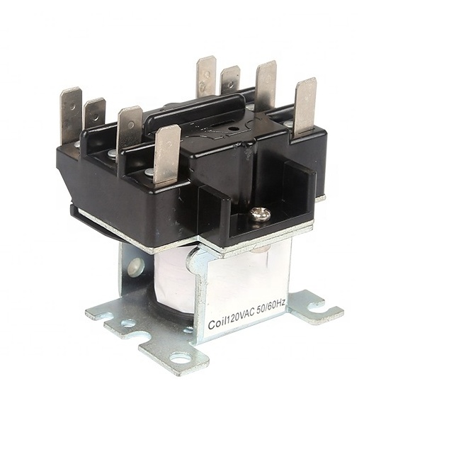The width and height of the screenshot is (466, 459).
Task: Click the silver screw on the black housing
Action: click(261, 215)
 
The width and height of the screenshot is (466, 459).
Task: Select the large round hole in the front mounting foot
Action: click(181, 359)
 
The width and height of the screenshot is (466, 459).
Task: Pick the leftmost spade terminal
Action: click(71, 118)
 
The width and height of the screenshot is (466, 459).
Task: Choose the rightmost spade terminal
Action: click(305, 108)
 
